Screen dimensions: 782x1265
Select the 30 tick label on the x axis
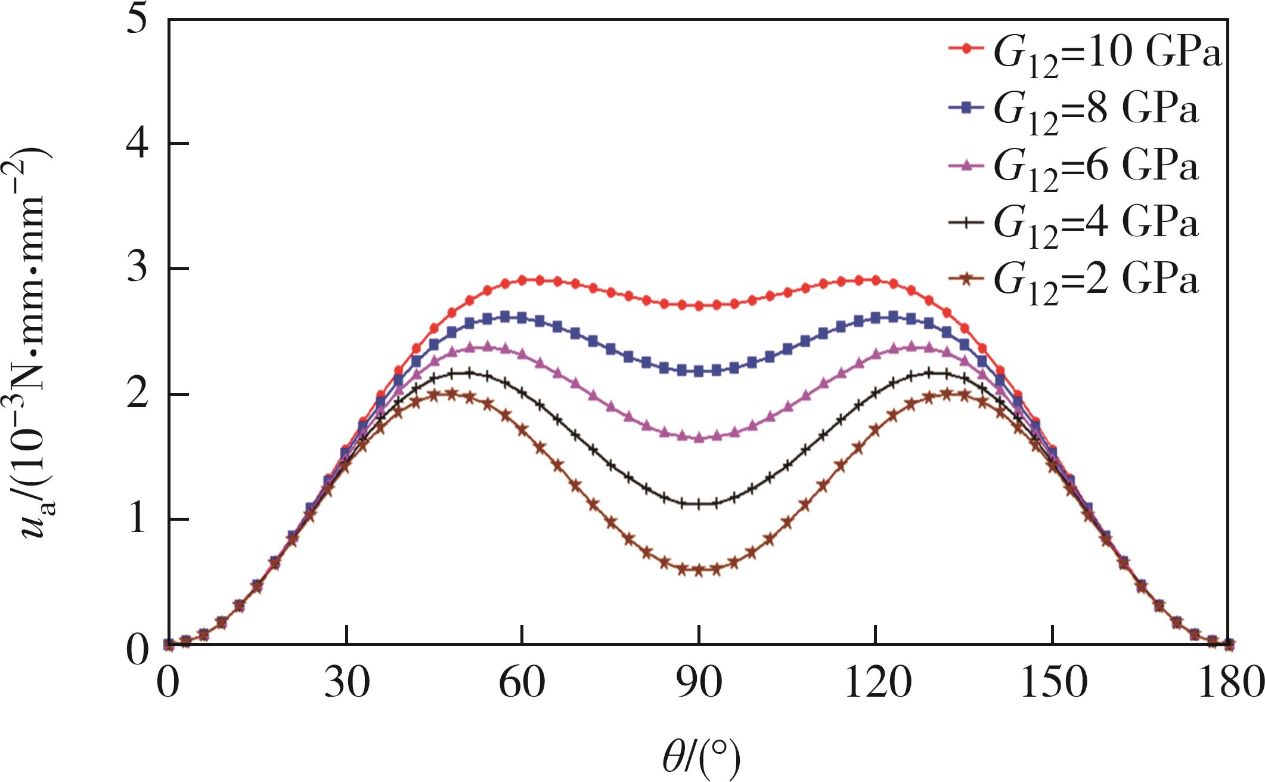[346, 682]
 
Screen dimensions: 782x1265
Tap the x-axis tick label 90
[699, 682]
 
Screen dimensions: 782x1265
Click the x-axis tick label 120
[875, 682]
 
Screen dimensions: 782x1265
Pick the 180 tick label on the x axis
[1228, 682]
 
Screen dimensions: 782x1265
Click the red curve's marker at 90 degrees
[699, 305]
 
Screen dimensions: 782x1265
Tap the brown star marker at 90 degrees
[699, 570]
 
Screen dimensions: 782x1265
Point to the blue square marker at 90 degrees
[699, 371]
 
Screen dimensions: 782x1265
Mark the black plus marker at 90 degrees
[699, 503]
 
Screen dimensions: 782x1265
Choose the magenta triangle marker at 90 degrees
[699, 437]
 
